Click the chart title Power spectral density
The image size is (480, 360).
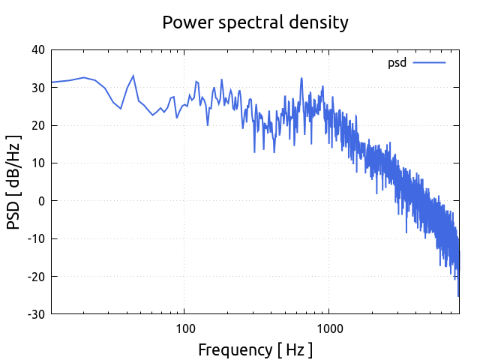tap(255, 22)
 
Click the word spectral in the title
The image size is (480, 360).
tap(256, 23)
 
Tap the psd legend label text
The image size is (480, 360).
tap(397, 63)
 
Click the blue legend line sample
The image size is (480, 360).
tap(429, 63)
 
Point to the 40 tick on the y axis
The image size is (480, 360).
tap(37, 50)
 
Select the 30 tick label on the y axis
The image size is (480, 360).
tap(37, 88)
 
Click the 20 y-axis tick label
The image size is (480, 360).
tap(37, 125)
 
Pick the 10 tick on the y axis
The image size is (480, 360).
tap(37, 163)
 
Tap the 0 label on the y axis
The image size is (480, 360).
tap(42, 201)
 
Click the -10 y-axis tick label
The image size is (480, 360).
tap(35, 238)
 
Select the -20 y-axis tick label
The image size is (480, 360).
tap(35, 276)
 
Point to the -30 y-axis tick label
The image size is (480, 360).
tap(35, 313)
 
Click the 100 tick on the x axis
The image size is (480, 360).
tap(184, 328)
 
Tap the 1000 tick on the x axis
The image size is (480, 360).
tap(328, 328)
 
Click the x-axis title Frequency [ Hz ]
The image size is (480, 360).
tap(255, 349)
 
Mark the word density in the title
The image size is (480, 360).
tap(321, 23)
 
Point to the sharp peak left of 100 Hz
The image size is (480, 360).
tap(133, 76)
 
